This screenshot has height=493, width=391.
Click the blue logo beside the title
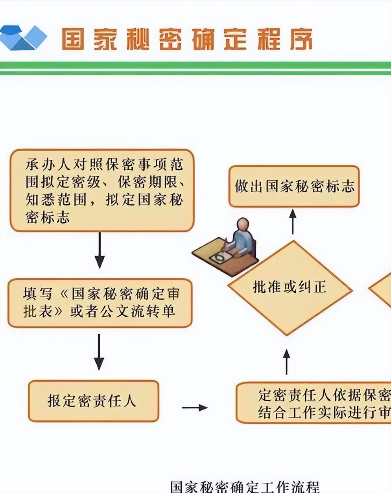(23, 38)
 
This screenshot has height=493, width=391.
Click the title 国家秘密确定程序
(187, 39)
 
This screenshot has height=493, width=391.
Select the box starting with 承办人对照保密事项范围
(102, 190)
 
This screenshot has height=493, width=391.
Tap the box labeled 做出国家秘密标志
(294, 186)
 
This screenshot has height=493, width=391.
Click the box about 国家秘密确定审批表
(100, 303)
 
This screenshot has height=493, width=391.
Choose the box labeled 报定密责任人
(94, 401)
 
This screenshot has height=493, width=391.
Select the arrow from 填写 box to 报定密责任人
(99, 352)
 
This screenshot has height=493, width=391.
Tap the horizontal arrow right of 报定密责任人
(195, 408)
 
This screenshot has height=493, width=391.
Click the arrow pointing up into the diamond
(287, 361)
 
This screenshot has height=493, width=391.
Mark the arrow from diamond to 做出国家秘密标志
(293, 221)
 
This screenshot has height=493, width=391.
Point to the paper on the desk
(219, 258)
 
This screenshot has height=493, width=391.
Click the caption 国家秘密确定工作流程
(245, 486)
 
